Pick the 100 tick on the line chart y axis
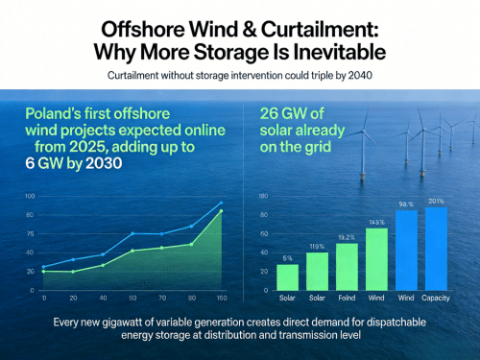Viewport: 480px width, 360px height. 30,196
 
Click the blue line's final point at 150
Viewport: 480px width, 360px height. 221,204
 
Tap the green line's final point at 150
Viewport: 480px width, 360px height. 221,211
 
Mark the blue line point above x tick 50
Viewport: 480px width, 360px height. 132,233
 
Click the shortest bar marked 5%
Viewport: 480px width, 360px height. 287,276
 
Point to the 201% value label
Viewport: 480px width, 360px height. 435,201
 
